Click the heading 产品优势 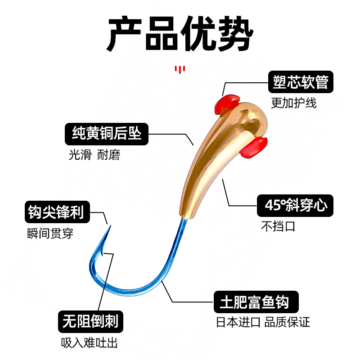pyautogui.click(x=180, y=34)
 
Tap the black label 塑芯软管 pyautogui.click(x=301, y=82)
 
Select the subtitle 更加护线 pyautogui.click(x=293, y=103)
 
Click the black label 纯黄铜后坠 pyautogui.click(x=107, y=134)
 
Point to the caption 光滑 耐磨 pyautogui.click(x=94, y=155)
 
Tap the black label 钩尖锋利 pyautogui.click(x=56, y=211)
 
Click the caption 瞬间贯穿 pyautogui.click(x=50, y=233)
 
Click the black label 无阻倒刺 pyautogui.click(x=90, y=321)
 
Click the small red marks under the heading pyautogui.click(x=180, y=69)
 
